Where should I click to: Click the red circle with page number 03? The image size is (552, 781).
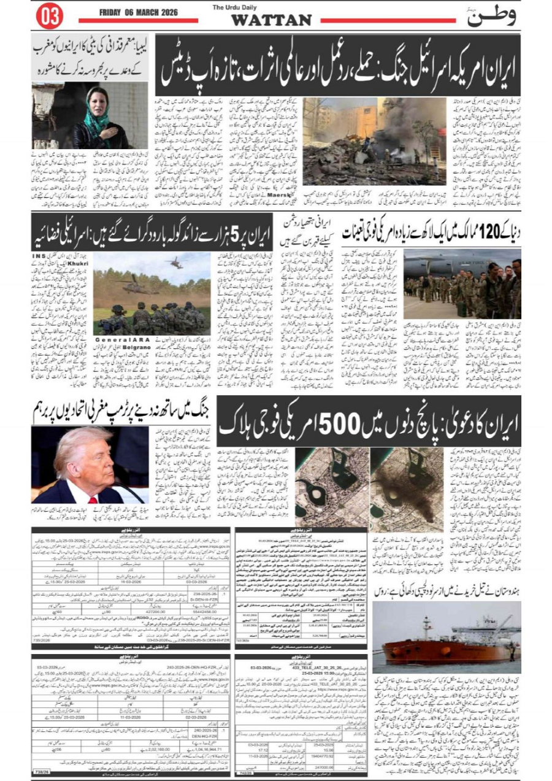pyautogui.click(x=50, y=17)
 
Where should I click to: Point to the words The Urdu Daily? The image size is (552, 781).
pyautogui.click(x=236, y=7)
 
